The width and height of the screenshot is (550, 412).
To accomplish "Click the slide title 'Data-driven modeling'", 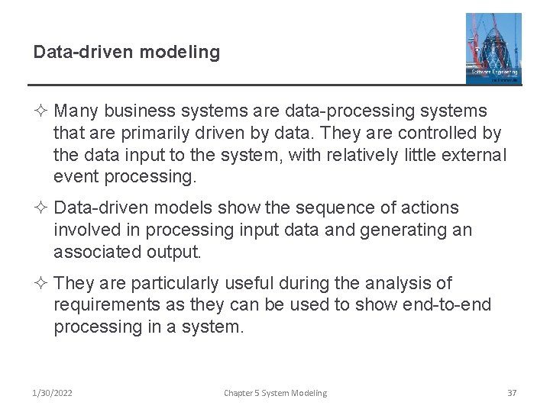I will click(127, 53).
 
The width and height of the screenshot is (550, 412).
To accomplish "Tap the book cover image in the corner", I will click(493, 47).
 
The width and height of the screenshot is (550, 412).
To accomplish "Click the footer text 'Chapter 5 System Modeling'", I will click(275, 393).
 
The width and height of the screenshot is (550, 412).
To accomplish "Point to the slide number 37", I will click(512, 393).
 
